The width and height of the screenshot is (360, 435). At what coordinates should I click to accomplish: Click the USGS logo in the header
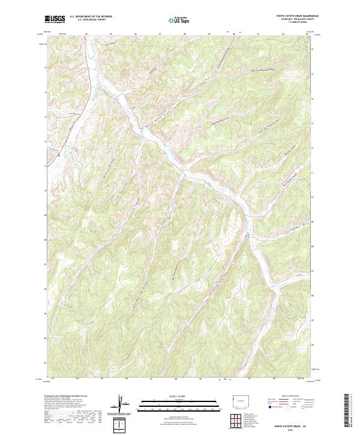tap(55, 19)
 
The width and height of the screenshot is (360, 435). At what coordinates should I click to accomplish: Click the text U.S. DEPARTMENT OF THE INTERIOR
tap(91, 17)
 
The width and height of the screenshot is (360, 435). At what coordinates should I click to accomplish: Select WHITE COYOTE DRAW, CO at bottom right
tap(294, 424)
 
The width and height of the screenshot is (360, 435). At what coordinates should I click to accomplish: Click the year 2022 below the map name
tap(294, 428)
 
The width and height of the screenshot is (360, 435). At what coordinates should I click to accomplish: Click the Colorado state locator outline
tap(240, 400)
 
